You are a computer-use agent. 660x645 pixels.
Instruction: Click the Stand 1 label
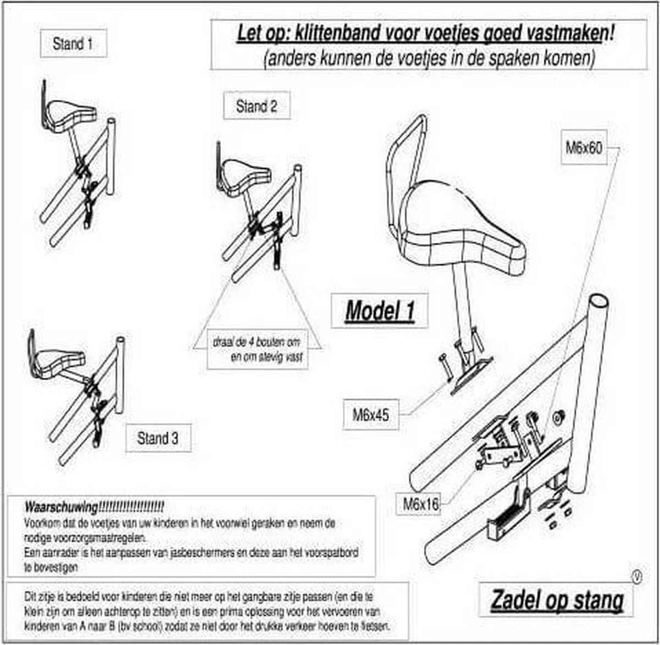(73, 43)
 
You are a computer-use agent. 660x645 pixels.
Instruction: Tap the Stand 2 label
(256, 106)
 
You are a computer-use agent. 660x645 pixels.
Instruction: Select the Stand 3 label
(158, 438)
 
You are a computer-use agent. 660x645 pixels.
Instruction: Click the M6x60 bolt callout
(584, 148)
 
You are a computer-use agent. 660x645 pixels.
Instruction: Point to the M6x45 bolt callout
(371, 415)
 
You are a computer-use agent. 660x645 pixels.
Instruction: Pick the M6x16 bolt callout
(421, 504)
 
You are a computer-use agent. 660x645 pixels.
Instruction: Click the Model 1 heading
(379, 311)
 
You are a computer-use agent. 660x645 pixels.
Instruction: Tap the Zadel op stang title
(557, 599)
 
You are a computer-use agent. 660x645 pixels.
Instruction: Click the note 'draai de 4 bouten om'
(257, 342)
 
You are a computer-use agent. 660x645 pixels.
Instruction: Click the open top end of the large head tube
(598, 302)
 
